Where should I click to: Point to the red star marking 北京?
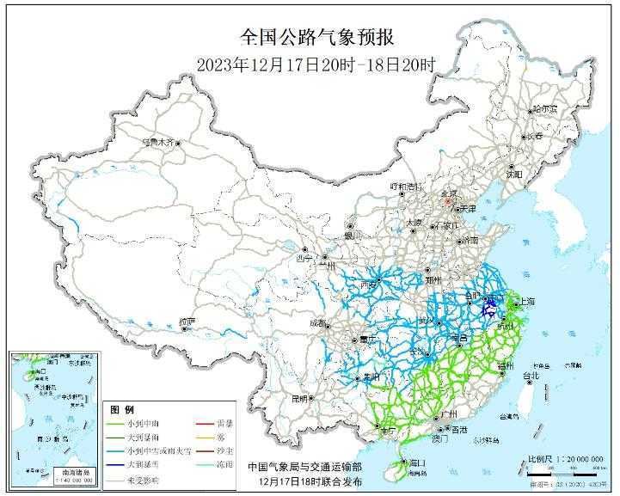tap(445, 199)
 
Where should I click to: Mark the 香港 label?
tap(460, 429)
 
